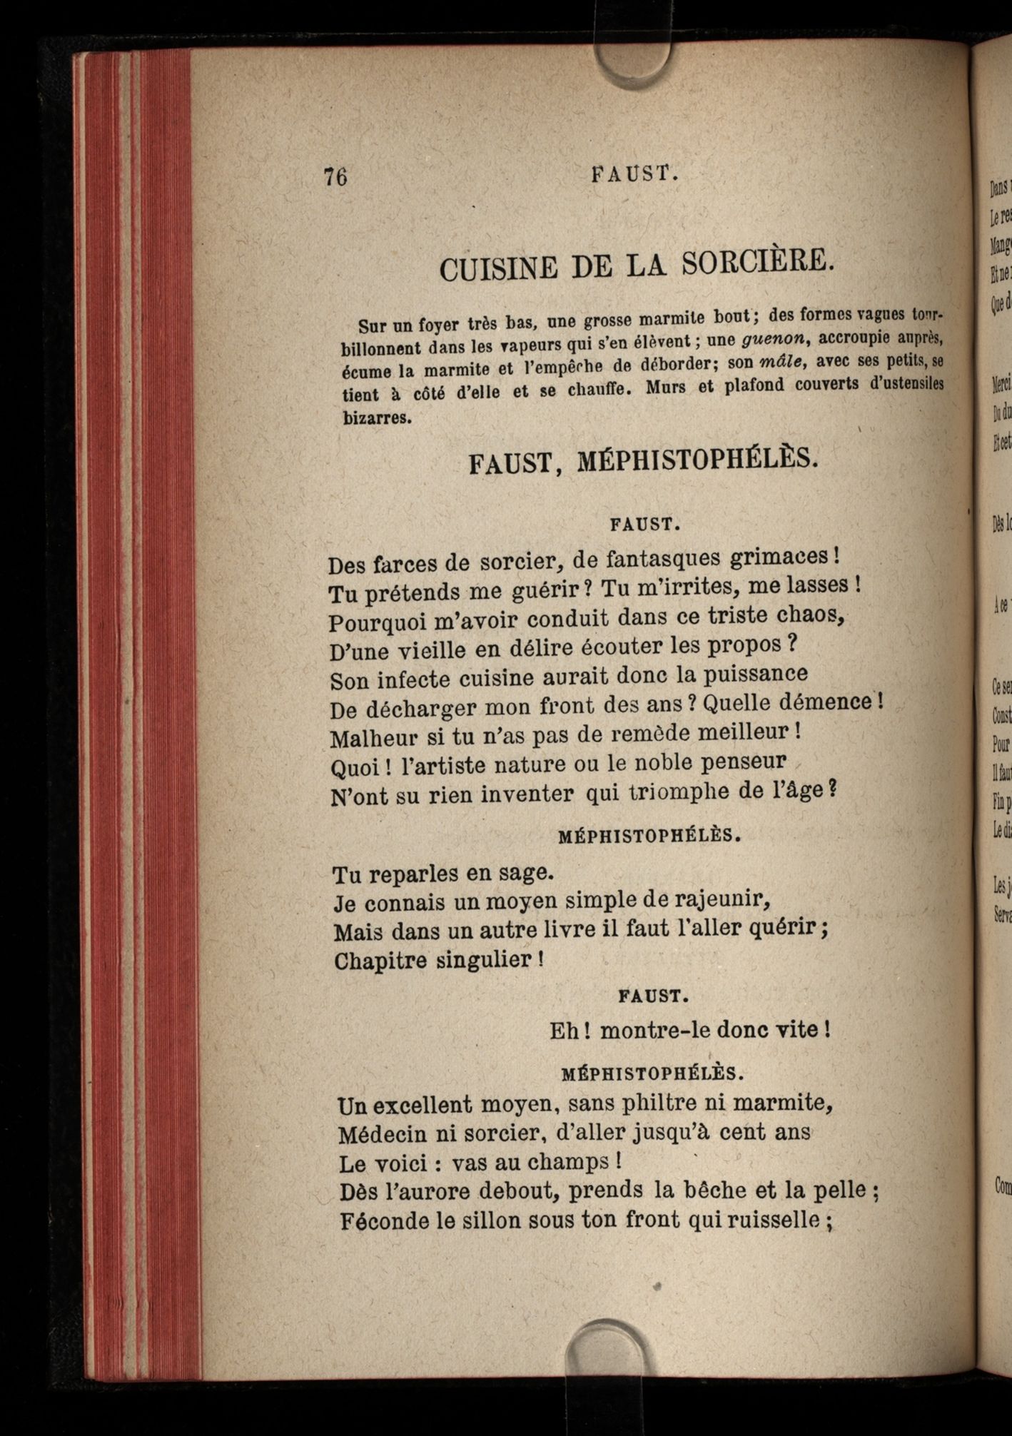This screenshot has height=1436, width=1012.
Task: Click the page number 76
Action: click(x=335, y=176)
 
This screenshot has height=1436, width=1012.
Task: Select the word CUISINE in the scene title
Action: click(x=499, y=269)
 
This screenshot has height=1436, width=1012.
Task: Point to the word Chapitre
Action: click(x=380, y=960)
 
